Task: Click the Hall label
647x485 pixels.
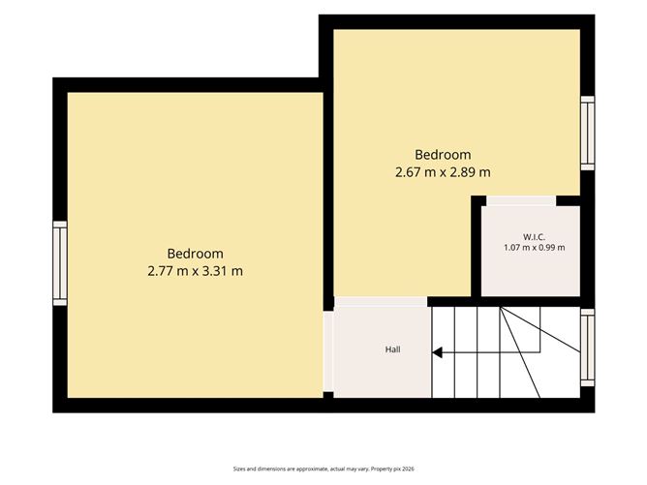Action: click(393, 349)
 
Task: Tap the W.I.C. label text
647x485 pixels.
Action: click(535, 237)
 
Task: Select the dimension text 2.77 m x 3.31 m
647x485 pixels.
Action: click(196, 271)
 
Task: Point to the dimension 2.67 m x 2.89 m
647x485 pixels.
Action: click(443, 172)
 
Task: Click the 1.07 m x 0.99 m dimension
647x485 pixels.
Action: click(535, 248)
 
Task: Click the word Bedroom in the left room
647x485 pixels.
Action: click(196, 254)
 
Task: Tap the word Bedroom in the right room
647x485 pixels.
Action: click(443, 155)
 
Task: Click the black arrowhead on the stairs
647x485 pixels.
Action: click(438, 352)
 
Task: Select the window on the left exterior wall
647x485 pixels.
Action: click(60, 263)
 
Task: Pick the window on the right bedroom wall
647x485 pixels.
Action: click(588, 134)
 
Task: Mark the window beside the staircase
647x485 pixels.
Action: click(588, 348)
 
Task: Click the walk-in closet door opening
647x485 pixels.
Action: click(521, 200)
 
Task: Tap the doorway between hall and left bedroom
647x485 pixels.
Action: click(328, 351)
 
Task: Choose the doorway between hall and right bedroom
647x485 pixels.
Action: click(381, 301)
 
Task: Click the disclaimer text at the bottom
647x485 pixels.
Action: click(323, 469)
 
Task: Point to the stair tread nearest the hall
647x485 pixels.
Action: click(444, 352)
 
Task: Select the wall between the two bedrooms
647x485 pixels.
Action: click(328, 194)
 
